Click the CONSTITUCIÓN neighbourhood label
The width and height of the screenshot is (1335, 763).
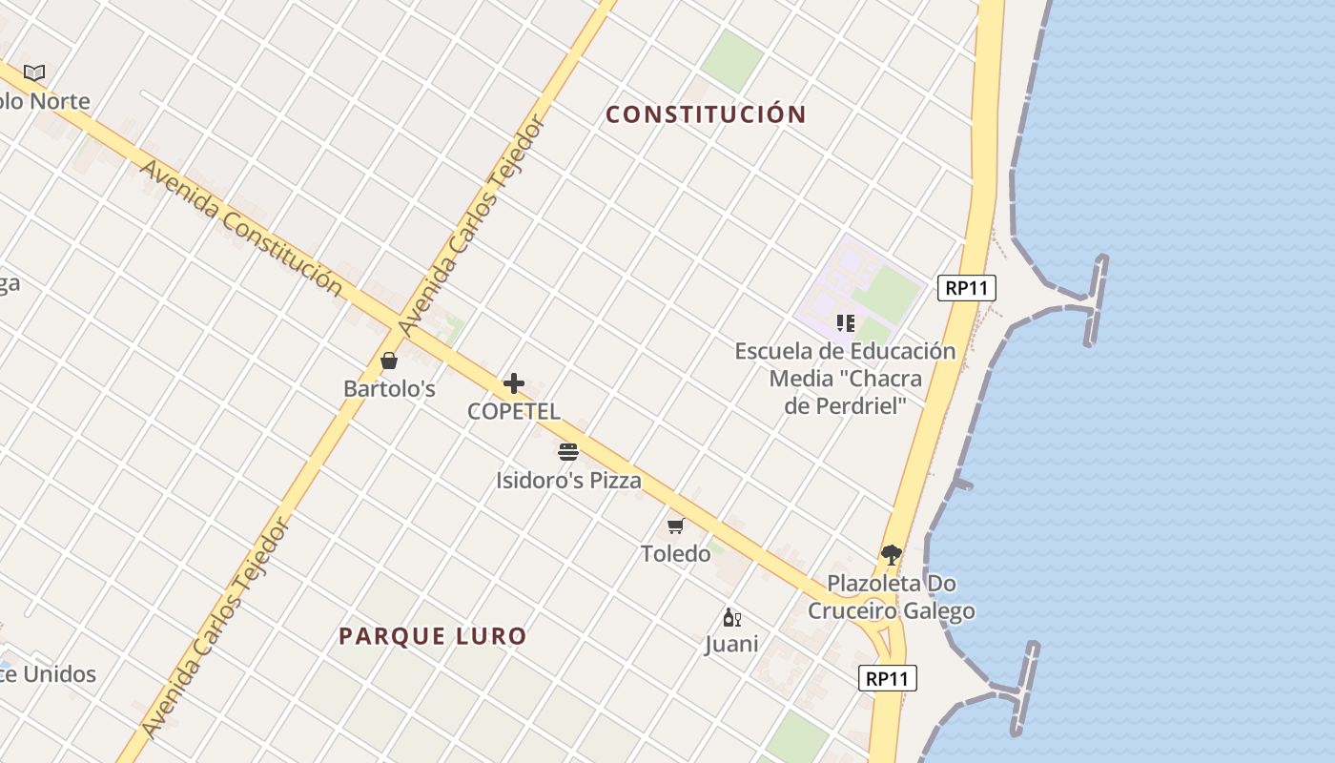[707, 114]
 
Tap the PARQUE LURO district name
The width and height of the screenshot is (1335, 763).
[433, 636]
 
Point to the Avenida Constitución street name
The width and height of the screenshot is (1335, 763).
[240, 227]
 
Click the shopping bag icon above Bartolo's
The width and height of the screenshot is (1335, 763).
[389, 361]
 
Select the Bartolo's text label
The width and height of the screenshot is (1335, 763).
[389, 388]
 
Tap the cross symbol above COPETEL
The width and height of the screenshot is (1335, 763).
[514, 383]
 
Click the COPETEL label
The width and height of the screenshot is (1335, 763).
[514, 411]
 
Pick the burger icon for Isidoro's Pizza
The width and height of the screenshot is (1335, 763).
[568, 451]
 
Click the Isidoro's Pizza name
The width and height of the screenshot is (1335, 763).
[568, 480]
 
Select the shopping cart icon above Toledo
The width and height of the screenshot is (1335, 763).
[676, 526]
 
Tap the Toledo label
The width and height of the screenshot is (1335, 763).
[676, 553]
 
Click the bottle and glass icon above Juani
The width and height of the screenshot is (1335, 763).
[732, 617]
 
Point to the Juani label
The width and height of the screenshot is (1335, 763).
[732, 644]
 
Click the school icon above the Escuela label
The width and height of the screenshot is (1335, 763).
[845, 323]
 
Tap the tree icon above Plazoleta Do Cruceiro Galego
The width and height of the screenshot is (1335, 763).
[892, 554]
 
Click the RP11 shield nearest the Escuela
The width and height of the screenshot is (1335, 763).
[967, 288]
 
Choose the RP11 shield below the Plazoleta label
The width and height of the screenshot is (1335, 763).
[888, 678]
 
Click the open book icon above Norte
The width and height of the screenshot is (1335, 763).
[34, 72]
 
